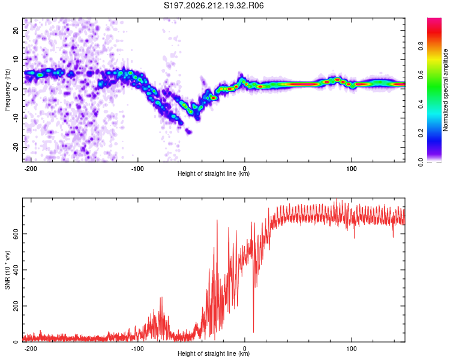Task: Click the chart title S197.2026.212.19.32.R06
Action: tap(214, 5)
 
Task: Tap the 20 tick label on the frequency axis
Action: tap(16, 30)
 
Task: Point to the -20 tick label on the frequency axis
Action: tap(16, 147)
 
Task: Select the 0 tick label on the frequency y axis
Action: tap(16, 89)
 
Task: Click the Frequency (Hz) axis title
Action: tap(7, 90)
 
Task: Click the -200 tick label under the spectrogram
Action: tap(30, 169)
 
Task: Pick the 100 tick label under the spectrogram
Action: tap(351, 169)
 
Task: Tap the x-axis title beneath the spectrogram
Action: tap(214, 173)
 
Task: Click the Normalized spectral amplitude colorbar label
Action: tap(445, 90)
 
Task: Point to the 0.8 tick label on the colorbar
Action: tap(421, 46)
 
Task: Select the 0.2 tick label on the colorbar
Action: tap(421, 133)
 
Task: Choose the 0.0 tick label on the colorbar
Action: tap(421, 162)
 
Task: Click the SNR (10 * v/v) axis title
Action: tap(7, 270)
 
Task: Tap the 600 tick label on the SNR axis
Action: tap(16, 233)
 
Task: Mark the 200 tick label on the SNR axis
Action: tap(16, 306)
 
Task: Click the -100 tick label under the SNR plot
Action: tap(137, 349)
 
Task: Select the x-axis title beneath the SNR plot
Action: tap(214, 353)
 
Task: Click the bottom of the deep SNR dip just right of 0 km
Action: tap(253, 332)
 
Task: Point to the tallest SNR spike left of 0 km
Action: tap(217, 220)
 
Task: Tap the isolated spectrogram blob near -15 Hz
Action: tap(188, 132)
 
